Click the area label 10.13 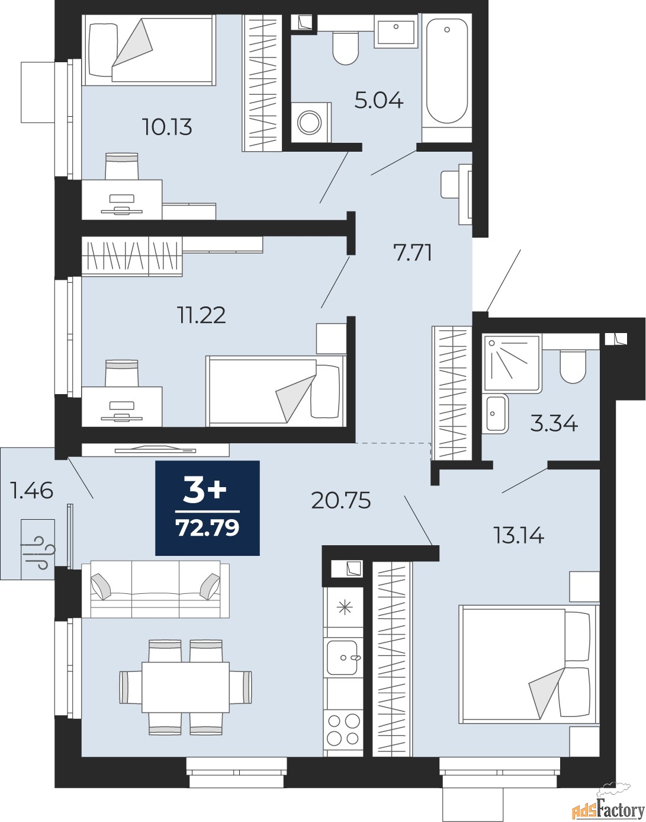pyautogui.click(x=167, y=127)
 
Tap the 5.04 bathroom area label pyautogui.click(x=378, y=101)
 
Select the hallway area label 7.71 pyautogui.click(x=413, y=253)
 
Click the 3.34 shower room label pyautogui.click(x=554, y=424)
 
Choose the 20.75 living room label pyautogui.click(x=340, y=500)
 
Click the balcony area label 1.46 pyautogui.click(x=32, y=491)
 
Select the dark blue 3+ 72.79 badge pyautogui.click(x=207, y=508)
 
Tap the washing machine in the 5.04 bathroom pyautogui.click(x=311, y=122)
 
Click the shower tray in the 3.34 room pyautogui.click(x=512, y=363)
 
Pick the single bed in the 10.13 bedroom pyautogui.click(x=149, y=50)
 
